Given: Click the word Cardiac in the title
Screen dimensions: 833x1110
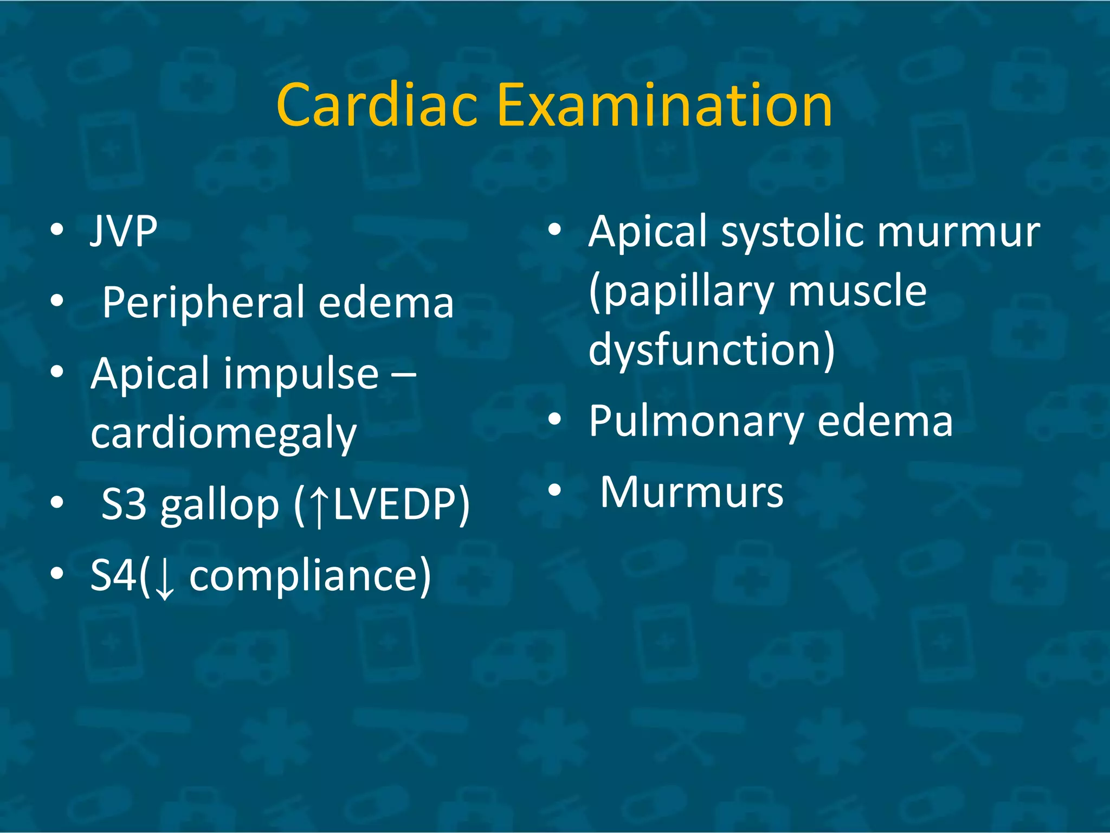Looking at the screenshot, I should click(x=377, y=105).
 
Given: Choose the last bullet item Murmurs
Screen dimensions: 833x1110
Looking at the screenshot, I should click(x=692, y=492).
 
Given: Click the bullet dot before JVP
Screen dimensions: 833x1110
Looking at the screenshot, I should click(x=57, y=230).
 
